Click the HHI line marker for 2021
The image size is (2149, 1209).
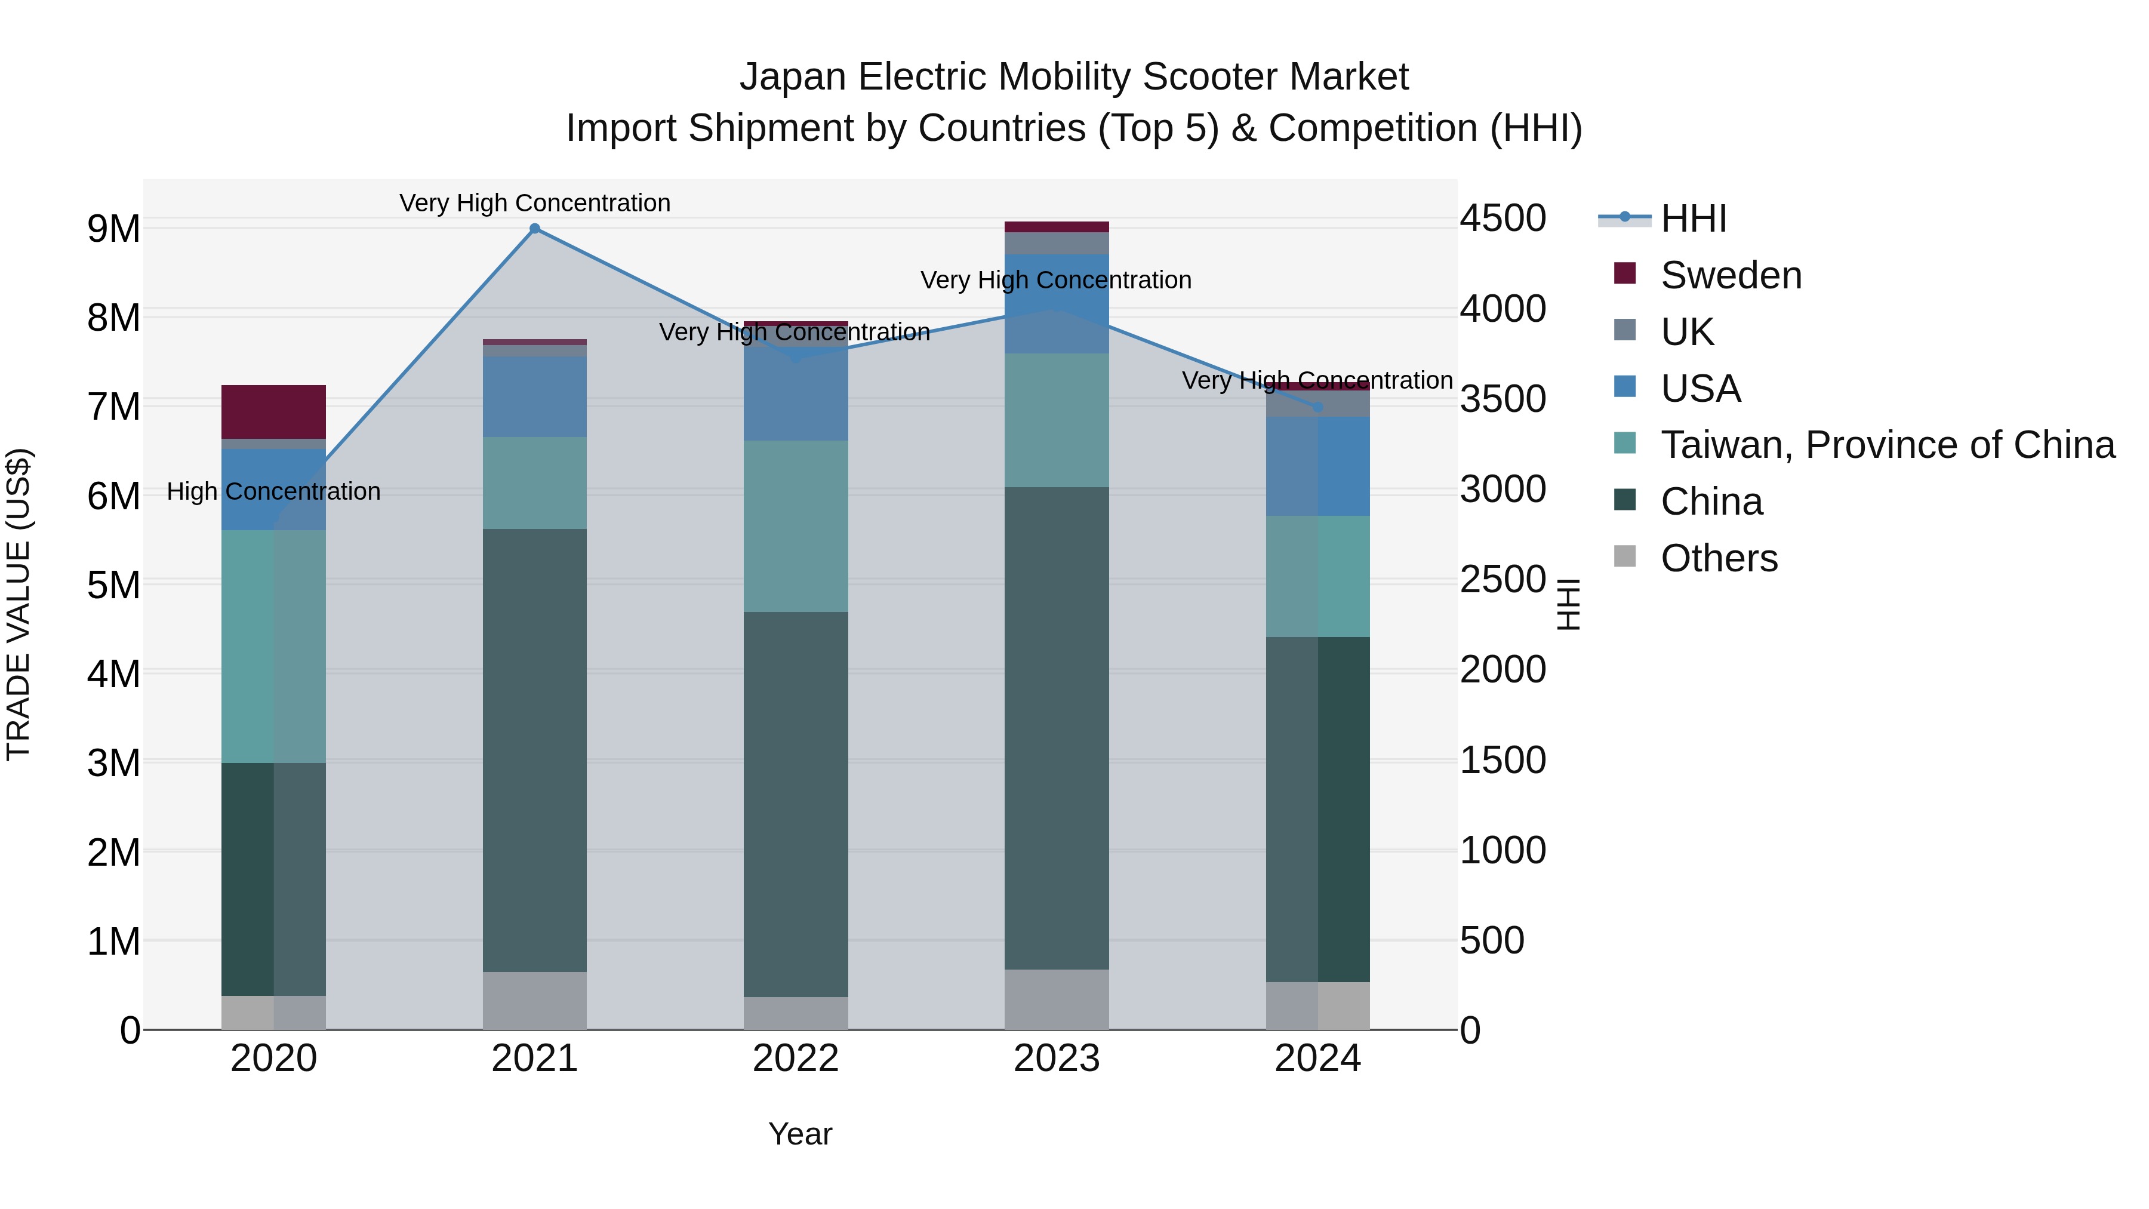[535, 229]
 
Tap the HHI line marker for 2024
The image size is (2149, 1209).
[1318, 407]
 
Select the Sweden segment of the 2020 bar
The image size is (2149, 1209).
[273, 411]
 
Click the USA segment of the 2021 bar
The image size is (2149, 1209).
[535, 396]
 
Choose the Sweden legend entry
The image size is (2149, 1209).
[1730, 275]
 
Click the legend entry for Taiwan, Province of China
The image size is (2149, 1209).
[1887, 445]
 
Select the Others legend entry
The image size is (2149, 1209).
[1719, 558]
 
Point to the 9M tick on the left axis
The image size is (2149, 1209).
[113, 229]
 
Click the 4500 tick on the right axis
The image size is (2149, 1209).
[1503, 219]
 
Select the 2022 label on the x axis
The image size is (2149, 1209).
[795, 1059]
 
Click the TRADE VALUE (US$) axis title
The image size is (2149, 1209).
[19, 604]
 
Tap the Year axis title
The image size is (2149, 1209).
[800, 1134]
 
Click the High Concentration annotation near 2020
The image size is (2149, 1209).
[273, 491]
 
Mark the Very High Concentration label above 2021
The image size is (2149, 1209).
[535, 203]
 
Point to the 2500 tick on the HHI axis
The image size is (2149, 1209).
[1503, 580]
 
